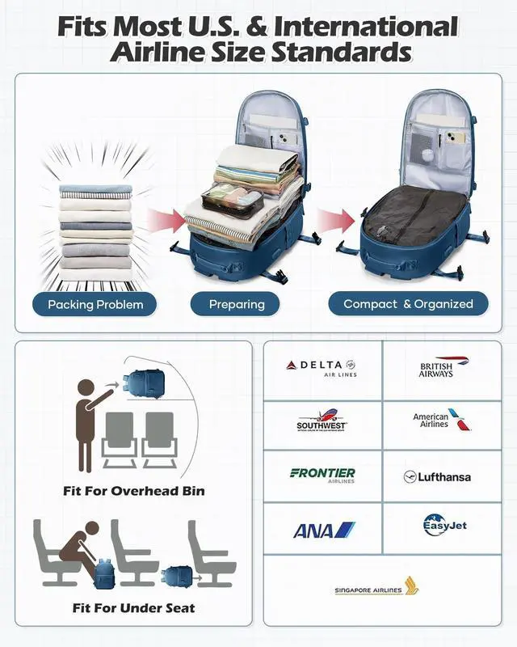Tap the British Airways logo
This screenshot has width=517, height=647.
point(436,367)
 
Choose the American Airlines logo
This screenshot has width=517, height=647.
point(441,420)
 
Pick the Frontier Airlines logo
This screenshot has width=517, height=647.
point(322,475)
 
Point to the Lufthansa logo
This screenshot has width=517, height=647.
point(437,476)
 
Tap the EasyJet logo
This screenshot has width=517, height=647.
point(444,526)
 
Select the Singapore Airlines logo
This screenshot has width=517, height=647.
point(376,588)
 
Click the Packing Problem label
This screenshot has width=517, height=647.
point(95,304)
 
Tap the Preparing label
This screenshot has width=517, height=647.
point(237,304)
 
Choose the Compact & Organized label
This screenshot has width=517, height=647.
point(408,304)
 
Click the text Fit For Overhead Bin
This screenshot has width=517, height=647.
point(134,491)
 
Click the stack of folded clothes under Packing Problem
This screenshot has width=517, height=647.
point(95,227)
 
